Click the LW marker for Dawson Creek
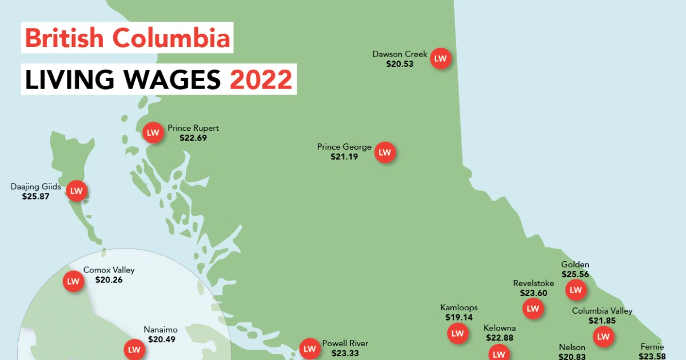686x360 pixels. click(x=440, y=58)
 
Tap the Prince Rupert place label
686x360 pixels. click(x=193, y=128)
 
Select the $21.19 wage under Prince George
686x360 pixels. click(x=344, y=156)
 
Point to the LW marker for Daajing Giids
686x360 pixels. click(x=77, y=191)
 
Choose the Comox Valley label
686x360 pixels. click(x=109, y=270)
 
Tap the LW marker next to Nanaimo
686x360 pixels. click(x=134, y=349)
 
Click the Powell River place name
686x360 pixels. click(x=345, y=343)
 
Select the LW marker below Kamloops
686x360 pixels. click(x=458, y=334)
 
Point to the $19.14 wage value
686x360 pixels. click(x=459, y=317)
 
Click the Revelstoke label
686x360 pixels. click(x=533, y=283)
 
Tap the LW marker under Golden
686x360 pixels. click(x=576, y=290)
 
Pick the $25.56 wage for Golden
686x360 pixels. click(x=575, y=274)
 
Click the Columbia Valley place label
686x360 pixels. click(x=603, y=311)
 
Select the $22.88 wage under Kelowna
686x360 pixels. click(x=500, y=337)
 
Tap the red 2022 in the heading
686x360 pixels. click(x=261, y=79)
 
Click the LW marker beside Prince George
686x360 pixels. click(x=385, y=153)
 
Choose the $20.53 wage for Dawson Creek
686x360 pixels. click(x=400, y=64)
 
